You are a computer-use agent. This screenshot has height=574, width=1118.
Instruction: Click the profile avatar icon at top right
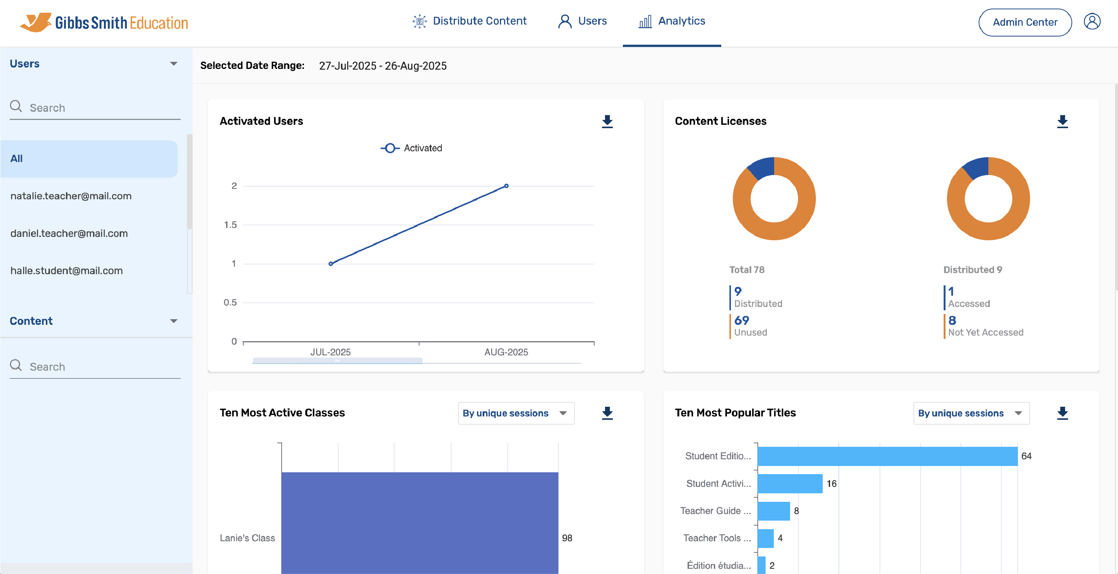(x=1092, y=21)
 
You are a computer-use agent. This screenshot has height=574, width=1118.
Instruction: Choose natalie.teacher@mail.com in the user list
(x=71, y=196)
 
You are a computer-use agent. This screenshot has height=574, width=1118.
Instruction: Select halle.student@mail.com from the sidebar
(x=66, y=270)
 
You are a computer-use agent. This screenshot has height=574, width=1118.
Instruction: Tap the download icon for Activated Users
(x=607, y=121)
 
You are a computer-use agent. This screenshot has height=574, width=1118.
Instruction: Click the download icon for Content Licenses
(x=1062, y=121)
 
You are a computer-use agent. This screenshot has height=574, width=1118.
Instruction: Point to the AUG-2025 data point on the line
(x=506, y=186)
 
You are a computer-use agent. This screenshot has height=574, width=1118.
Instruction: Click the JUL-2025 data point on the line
(x=331, y=263)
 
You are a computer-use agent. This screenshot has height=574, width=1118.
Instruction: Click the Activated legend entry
(x=411, y=148)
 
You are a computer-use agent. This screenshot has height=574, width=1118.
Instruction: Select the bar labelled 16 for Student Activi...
(x=789, y=483)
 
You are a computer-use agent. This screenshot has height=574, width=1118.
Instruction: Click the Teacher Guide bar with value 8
(x=773, y=511)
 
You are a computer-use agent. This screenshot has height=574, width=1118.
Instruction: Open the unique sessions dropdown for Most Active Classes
(x=516, y=413)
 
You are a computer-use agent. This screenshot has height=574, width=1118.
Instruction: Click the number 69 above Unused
(x=741, y=320)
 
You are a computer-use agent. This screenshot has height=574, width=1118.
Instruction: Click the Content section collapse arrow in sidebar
(x=174, y=321)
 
